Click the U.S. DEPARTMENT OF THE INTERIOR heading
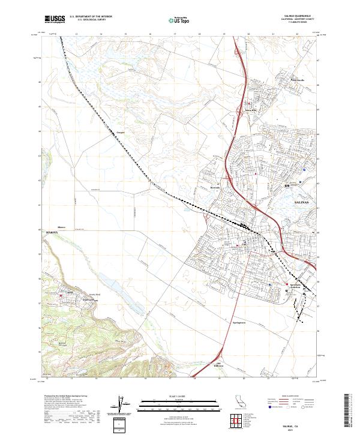tap(91, 17)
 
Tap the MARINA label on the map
tap(55, 231)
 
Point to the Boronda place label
tap(215, 187)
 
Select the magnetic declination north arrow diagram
tap(121, 406)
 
